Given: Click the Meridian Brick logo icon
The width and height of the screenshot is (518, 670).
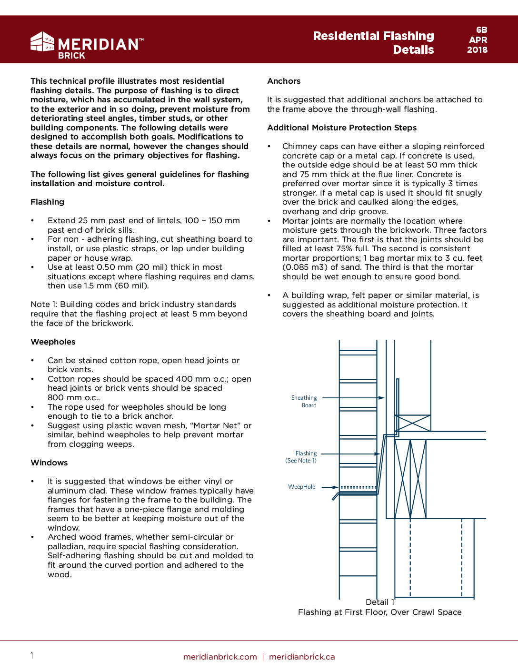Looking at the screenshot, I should point(42,41).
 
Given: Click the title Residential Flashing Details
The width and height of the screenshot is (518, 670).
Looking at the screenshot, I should point(373,43).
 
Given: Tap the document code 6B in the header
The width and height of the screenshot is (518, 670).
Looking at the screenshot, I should point(481,30).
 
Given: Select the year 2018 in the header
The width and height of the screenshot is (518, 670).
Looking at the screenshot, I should point(477,50).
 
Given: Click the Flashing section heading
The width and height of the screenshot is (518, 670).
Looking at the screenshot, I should point(47,202).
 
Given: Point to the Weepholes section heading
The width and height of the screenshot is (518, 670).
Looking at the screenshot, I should point(53,342).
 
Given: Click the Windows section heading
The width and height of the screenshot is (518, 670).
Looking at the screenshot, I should point(49,463).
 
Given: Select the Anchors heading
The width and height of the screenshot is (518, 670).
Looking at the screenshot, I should point(284,81).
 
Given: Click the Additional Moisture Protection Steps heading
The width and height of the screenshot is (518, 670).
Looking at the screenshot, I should point(342,128).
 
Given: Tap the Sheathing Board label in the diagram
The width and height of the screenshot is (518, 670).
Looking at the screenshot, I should point(304,401).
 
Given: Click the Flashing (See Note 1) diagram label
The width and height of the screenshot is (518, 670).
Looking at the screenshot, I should point(301,457).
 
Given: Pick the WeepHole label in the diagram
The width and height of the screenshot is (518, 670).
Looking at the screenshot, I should point(302,487).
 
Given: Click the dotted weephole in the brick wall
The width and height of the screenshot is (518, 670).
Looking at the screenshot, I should point(358,487).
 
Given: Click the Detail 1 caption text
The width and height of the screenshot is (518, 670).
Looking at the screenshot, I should point(380,602).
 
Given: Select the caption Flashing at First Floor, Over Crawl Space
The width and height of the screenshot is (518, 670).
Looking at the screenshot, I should point(379,612).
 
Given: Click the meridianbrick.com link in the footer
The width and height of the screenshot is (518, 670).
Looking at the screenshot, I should point(220,657).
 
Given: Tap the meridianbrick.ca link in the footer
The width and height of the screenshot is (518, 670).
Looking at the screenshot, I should point(302,657).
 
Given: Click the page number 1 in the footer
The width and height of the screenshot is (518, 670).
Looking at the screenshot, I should point(32,656).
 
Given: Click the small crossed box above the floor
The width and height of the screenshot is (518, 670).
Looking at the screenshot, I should point(412,423).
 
